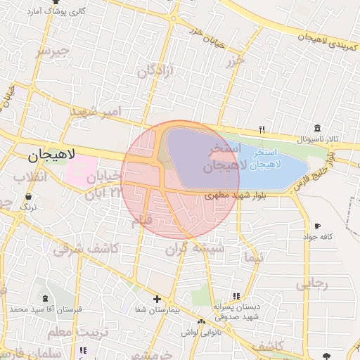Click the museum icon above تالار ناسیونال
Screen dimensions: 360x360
pyautogui.click(x=318, y=129)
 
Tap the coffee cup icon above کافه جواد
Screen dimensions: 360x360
pyautogui.click(x=317, y=226)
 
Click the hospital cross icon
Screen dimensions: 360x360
pyautogui.click(x=157, y=299)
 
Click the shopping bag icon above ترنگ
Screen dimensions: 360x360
pyautogui.click(x=28, y=198)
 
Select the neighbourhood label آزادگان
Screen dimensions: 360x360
pyautogui.click(x=155, y=69)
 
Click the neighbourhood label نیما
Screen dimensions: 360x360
pyautogui.click(x=251, y=257)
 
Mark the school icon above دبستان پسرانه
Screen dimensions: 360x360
pyautogui.click(x=236, y=297)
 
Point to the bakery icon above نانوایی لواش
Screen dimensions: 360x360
pyautogui.click(x=202, y=321)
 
